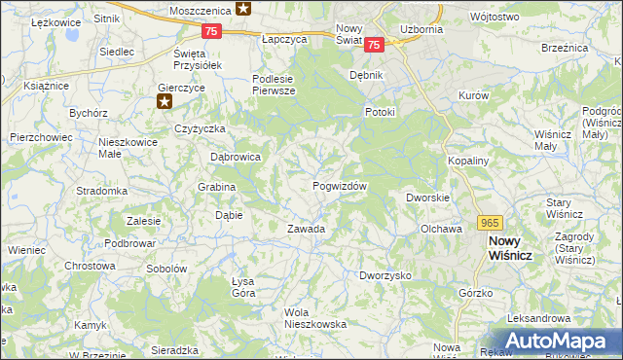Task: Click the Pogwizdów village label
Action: coord(340,185)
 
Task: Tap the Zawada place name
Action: coord(305,229)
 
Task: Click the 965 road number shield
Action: coord(491,222)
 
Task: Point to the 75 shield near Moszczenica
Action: coord(212,31)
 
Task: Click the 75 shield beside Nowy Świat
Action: coord(376,43)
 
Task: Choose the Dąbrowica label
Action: coord(236,156)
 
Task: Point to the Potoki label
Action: coord(379,112)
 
